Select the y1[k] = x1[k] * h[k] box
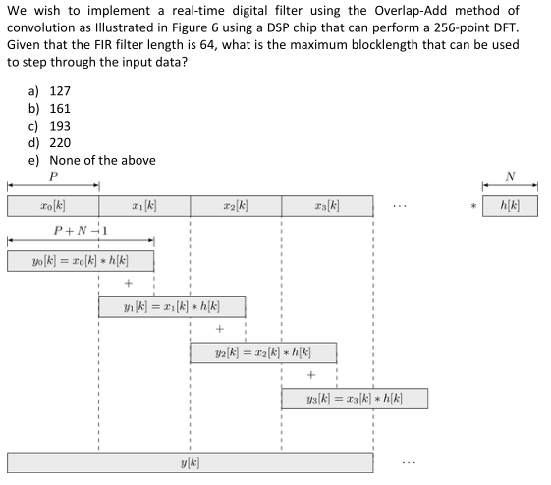pyautogui.click(x=172, y=306)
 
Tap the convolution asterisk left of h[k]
pyautogui.click(x=473, y=208)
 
